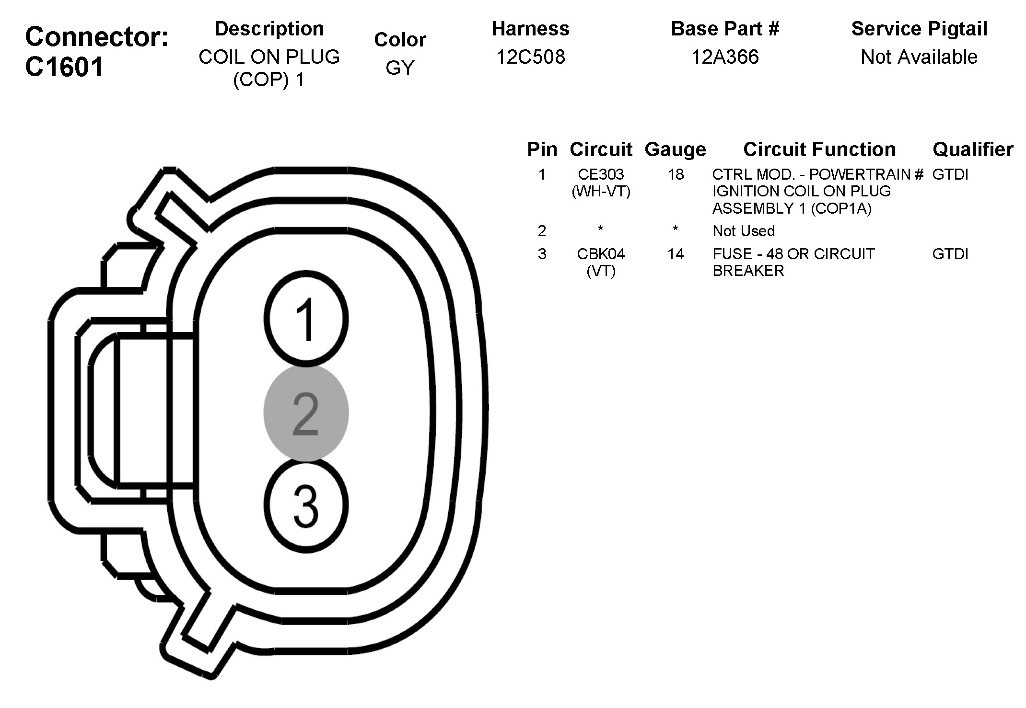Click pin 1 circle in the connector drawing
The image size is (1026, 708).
pos(306,319)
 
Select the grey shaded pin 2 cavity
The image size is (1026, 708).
pos(306,413)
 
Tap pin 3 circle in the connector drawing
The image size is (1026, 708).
pos(306,506)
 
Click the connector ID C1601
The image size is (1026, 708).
pos(64,67)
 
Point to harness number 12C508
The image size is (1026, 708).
pos(530,57)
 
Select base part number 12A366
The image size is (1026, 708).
pos(725,57)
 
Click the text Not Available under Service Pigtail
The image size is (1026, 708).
pos(919,57)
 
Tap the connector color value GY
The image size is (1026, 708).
pos(399,68)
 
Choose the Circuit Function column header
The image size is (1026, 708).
pos(819,149)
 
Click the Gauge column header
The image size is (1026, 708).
pos(675,149)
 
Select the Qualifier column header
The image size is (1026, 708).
pos(972,149)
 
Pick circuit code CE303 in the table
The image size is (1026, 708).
pos(601,174)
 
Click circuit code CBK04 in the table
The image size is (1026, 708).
pos(601,253)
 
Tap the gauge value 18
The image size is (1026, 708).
pos(676,174)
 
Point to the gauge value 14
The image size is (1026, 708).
pos(676,253)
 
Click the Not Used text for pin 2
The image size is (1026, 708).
pos(744,231)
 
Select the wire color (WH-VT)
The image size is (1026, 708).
pos(601,192)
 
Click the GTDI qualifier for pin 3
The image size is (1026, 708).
pos(950,253)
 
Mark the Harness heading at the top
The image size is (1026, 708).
pos(530,29)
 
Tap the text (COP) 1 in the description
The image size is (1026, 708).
pos(268,80)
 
